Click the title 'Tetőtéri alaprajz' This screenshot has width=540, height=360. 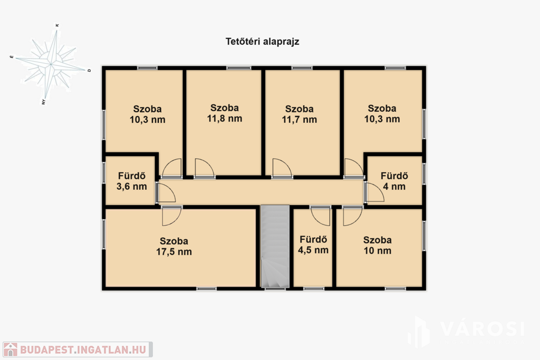[262, 42]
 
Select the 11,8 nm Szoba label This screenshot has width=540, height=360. [225, 113]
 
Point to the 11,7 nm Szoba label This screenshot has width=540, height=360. [300, 114]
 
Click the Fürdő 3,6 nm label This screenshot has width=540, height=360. [131, 181]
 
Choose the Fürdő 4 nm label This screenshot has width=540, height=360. [394, 181]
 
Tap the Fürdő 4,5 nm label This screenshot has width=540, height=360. [313, 245]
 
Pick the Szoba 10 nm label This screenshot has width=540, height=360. [378, 246]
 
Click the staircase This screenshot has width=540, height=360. [275, 247]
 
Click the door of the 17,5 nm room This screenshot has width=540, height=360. [171, 216]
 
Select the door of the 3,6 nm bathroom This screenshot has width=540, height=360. [166, 193]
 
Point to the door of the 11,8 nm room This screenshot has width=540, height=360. [205, 168]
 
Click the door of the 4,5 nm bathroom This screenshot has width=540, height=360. [320, 216]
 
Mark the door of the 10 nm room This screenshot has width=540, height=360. [353, 216]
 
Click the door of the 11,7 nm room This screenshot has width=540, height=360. [282, 168]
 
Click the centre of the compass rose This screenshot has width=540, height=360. [51, 64]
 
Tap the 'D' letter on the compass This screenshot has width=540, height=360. [89, 70]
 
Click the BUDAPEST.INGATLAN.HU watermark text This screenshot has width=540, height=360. [83, 349]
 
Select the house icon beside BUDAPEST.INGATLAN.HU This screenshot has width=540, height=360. [11, 349]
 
